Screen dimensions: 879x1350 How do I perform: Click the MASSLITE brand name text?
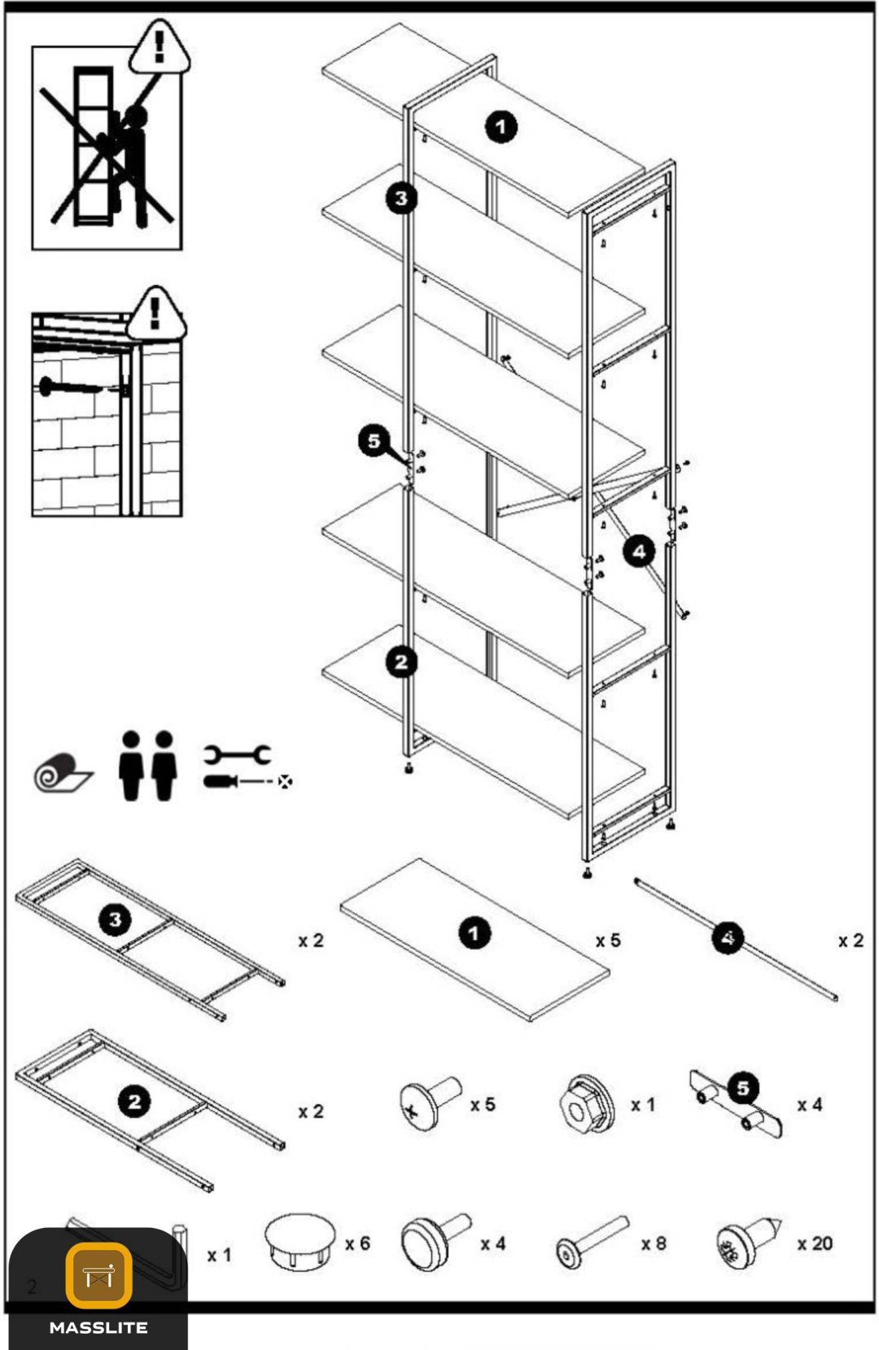pyautogui.click(x=98, y=1328)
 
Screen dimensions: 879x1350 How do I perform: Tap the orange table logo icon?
pyautogui.click(x=98, y=1275)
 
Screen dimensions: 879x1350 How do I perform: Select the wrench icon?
pyautogui.click(x=236, y=754)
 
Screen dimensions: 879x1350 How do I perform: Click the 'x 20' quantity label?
pyautogui.click(x=815, y=1243)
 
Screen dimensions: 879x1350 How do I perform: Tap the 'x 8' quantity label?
pyautogui.click(x=654, y=1244)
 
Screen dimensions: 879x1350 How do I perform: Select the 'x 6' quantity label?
pyautogui.click(x=357, y=1243)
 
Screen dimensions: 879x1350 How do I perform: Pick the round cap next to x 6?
pyautogui.click(x=299, y=1242)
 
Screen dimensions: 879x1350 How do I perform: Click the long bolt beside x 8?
pyautogui.click(x=592, y=1242)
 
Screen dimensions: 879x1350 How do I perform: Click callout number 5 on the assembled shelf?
pyautogui.click(x=374, y=441)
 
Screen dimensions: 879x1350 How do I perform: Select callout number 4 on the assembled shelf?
pyautogui.click(x=639, y=551)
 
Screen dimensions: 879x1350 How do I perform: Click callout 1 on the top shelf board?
pyautogui.click(x=501, y=127)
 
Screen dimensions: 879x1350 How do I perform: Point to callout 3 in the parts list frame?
pyautogui.click(x=115, y=920)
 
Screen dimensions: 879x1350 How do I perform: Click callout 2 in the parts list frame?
pyautogui.click(x=134, y=1103)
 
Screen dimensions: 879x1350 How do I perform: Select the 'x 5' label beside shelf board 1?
pyautogui.click(x=608, y=940)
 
